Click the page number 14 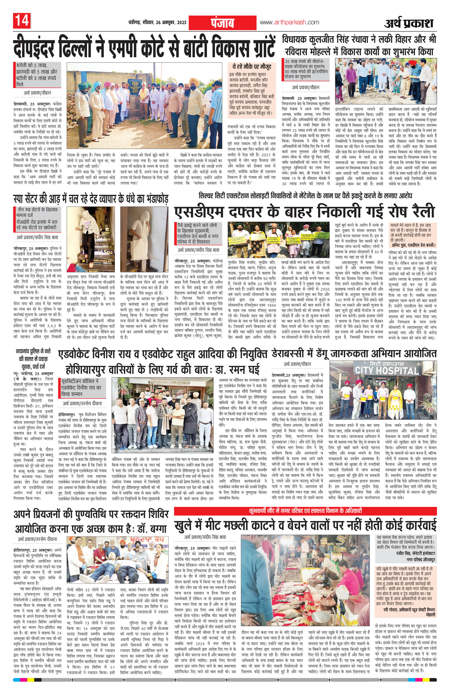[21, 21]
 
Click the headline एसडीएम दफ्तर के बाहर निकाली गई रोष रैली [304, 212]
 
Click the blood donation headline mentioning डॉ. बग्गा [91, 521]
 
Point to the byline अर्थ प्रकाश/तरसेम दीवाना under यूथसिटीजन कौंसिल [82, 404]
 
